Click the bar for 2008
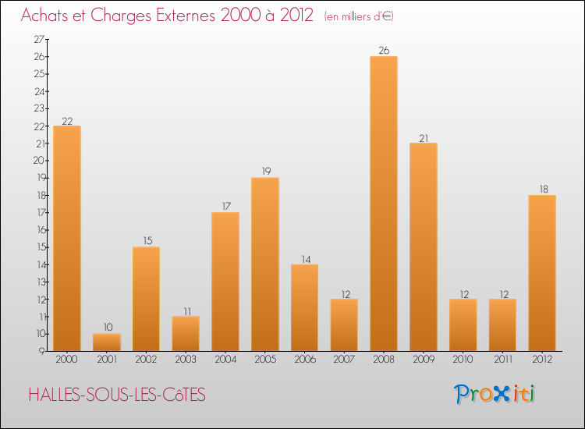[384, 204]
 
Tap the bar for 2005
[265, 264]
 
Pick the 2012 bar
[542, 273]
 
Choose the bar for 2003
[186, 334]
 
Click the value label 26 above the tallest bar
[384, 51]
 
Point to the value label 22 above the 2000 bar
[67, 121]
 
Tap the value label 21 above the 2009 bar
[424, 138]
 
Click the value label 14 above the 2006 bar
[304, 259]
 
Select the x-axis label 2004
[225, 360]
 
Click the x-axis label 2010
[463, 360]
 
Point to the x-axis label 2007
[344, 360]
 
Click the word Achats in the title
[46, 16]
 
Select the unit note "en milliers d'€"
[359, 16]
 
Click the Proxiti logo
[495, 394]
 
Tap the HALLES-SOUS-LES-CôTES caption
[117, 395]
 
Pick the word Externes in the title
[200, 16]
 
